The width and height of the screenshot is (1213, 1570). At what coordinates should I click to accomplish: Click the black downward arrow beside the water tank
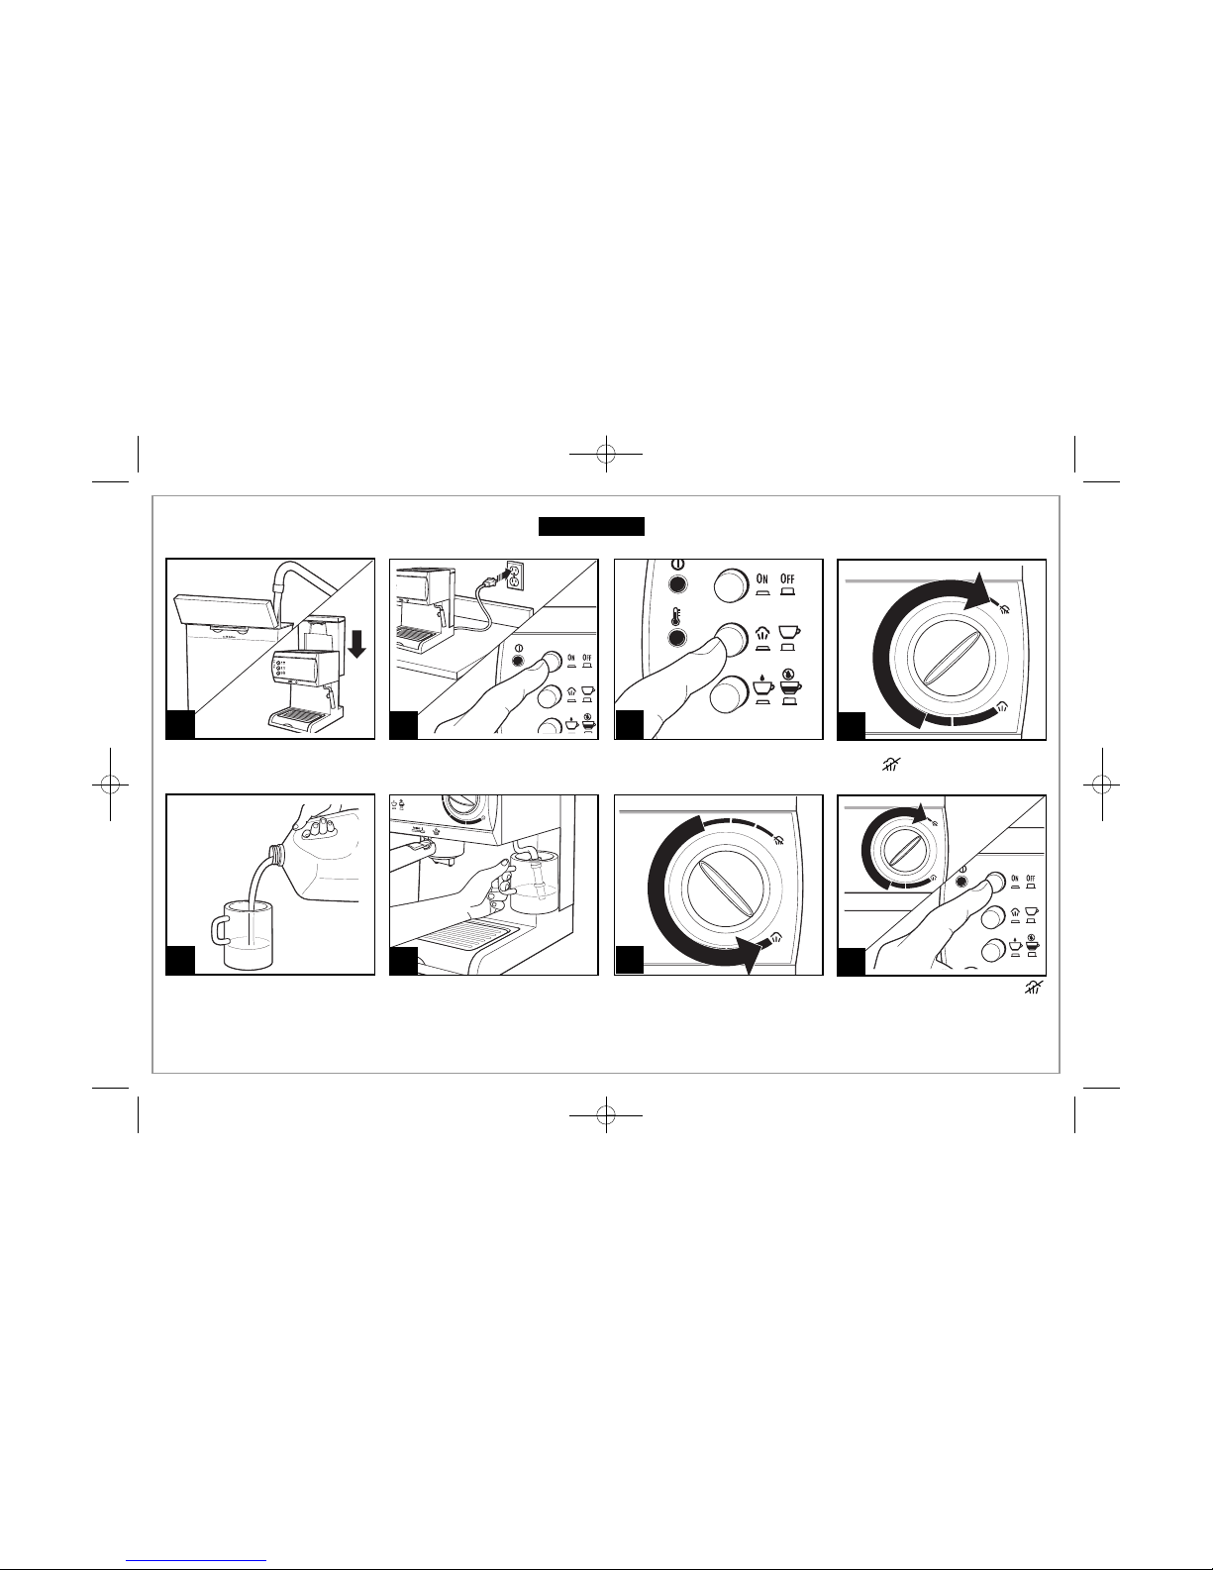point(356,641)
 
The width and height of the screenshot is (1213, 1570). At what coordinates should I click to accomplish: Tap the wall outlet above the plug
point(515,575)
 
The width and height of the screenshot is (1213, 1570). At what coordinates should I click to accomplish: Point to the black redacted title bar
point(591,526)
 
